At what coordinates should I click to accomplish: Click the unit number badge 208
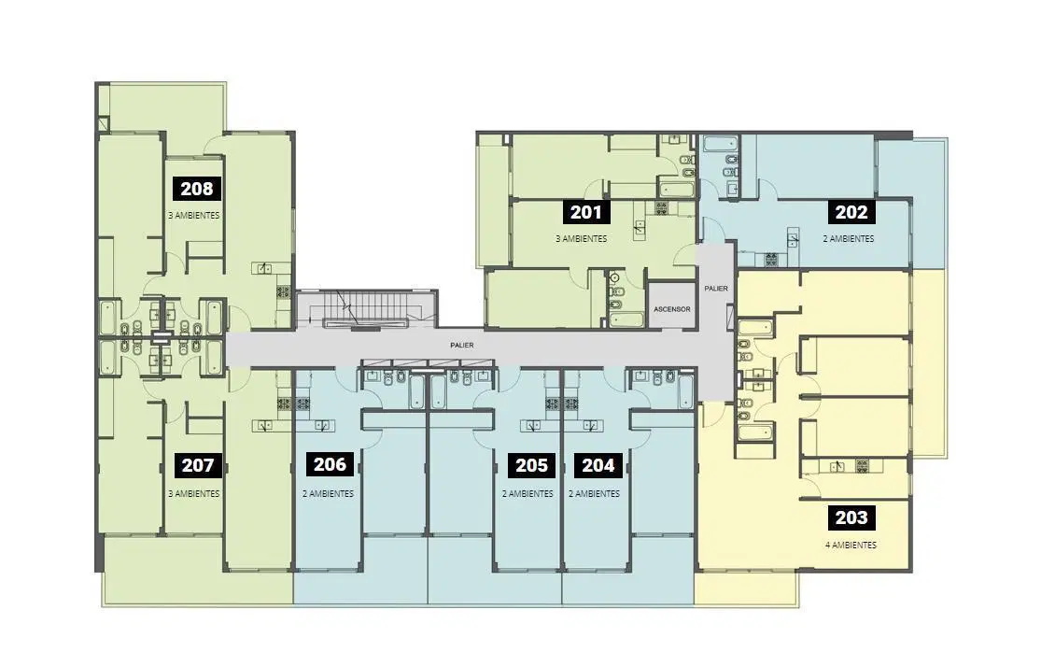tap(197, 189)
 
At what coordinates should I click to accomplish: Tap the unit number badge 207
tap(197, 465)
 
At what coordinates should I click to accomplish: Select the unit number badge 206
tap(330, 464)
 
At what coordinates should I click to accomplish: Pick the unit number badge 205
tap(532, 465)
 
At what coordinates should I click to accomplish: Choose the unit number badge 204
tap(598, 465)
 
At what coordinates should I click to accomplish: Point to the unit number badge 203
tap(851, 517)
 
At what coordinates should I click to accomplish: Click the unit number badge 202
tap(851, 212)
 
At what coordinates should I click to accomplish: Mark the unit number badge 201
tap(586, 212)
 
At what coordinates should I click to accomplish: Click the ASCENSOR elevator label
tap(672, 309)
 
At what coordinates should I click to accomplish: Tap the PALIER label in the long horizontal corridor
tap(462, 346)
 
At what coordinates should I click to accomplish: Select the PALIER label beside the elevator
tap(716, 288)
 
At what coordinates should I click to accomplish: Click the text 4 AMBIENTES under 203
tap(851, 546)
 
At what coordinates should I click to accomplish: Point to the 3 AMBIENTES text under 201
tap(582, 239)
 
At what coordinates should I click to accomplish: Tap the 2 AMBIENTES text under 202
tap(849, 239)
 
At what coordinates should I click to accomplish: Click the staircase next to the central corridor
tap(366, 309)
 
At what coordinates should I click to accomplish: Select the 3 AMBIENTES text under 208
tap(194, 216)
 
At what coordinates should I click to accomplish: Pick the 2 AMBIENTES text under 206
tap(328, 494)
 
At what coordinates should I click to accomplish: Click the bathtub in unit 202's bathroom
tap(721, 145)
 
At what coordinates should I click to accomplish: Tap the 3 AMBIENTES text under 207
tap(194, 494)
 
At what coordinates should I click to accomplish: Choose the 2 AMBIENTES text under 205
tap(528, 494)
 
